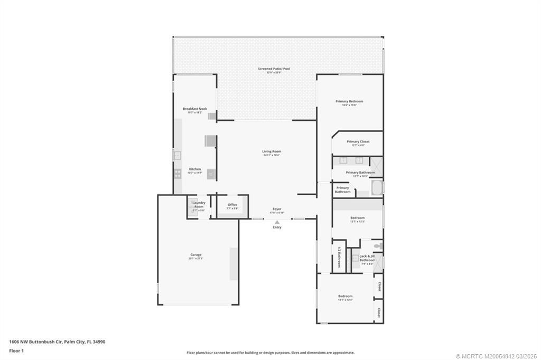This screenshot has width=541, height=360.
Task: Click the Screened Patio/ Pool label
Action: pos(274,69)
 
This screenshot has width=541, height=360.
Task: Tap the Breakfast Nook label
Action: pos(195,109)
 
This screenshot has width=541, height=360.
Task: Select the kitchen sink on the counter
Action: pos(178,155)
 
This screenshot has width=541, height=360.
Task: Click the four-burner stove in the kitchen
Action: pos(178,173)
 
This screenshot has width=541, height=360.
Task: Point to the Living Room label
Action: pos(272,151)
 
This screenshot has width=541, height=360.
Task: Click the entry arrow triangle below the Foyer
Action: pos(277,222)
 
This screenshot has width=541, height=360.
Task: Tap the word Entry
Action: pos(277,228)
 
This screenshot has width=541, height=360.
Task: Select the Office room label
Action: pos(232,205)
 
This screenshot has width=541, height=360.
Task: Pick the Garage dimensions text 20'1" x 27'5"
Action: pos(195,259)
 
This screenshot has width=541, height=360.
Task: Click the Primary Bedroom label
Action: pos(349,101)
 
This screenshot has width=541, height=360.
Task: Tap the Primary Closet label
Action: pos(358,141)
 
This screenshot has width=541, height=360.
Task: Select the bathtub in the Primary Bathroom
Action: pos(377,188)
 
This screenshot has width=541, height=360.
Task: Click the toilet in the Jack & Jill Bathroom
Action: pos(378,246)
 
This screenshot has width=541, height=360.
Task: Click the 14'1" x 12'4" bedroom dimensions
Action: pos(345,300)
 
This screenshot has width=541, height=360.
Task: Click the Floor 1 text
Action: pos(16,350)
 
